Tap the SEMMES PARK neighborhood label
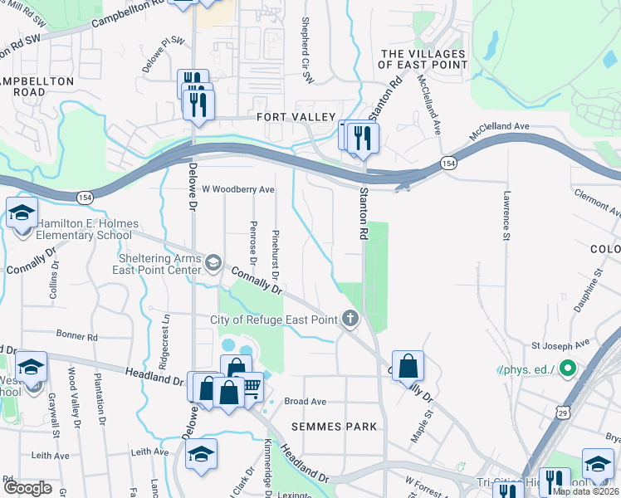[334, 427]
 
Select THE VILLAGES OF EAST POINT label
[423, 60]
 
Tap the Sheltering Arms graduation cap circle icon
[213, 263]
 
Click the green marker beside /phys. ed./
[567, 367]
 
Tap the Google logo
[27, 488]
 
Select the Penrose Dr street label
[253, 238]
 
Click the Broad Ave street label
[304, 401]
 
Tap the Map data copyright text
[586, 491]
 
